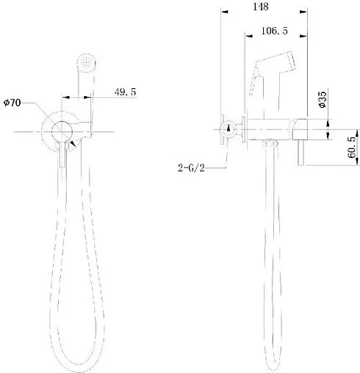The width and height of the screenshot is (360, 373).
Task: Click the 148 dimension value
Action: (x=259, y=7)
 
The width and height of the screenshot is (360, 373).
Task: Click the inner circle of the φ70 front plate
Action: (x=63, y=131)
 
